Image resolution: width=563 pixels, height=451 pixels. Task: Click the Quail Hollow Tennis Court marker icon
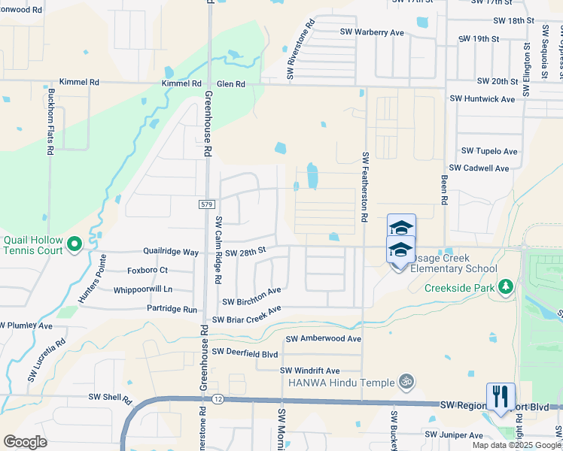coord(75,244)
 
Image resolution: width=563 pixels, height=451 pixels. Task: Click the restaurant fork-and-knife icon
coord(501,395)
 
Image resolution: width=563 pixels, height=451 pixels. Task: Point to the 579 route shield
coord(208,204)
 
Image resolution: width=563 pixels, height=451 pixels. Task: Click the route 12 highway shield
coord(218,398)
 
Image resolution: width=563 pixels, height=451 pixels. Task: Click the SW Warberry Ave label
coord(372,32)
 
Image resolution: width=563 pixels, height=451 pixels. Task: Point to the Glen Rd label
coord(230,83)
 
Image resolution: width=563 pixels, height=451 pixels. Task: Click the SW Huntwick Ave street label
coord(482,98)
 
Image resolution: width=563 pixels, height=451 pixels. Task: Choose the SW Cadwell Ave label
coord(479,168)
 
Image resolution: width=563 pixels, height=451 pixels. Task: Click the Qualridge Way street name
coord(171,253)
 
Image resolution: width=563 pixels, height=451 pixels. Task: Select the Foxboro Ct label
coord(148,270)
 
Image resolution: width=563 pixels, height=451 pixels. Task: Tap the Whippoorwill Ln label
coord(143,289)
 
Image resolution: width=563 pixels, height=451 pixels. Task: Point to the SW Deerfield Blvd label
coord(245,352)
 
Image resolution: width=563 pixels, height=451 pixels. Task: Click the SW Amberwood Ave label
coord(321,339)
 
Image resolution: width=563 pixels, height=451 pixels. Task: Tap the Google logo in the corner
coord(25,442)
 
